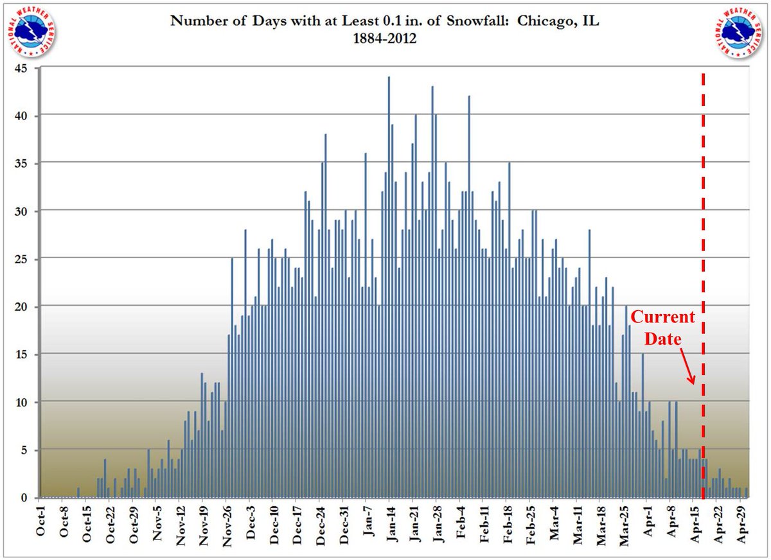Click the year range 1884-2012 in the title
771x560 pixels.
(385, 39)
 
